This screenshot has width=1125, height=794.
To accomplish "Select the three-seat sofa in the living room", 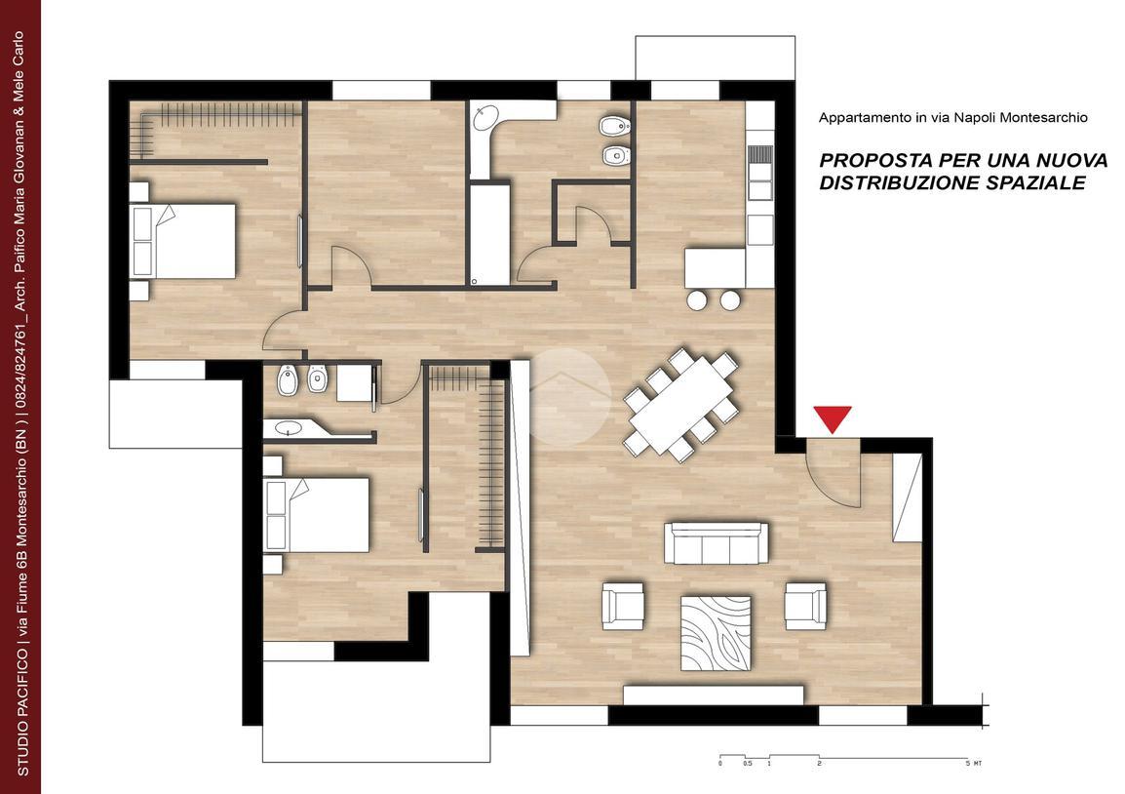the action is pos(716,543).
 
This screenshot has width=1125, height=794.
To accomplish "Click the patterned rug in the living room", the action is pos(716,632).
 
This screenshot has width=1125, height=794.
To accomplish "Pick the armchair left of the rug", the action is pos(623,606).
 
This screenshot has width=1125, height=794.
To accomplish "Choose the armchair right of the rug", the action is pos(805,606).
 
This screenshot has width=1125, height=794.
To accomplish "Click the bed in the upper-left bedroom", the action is pos(183,241).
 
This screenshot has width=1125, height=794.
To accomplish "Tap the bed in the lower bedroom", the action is pos(317,515).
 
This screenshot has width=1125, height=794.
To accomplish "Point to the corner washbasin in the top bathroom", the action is pos(487,117).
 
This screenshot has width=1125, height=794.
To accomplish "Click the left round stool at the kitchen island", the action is pos(697,300).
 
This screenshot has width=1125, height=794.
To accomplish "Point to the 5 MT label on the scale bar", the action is pos(974,763).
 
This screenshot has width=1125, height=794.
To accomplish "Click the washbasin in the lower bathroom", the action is pos(290,428).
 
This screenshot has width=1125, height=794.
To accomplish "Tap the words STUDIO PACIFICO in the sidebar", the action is pos(23,711).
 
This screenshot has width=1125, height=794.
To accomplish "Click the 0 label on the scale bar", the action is pos(719,763).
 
